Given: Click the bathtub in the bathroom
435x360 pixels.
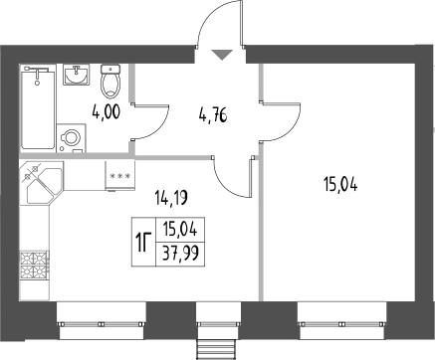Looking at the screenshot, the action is click(x=38, y=108).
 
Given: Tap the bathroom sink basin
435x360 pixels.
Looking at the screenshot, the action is click(x=77, y=75).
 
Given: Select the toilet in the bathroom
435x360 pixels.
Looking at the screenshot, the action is click(x=110, y=82).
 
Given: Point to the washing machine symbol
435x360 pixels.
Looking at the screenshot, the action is click(x=72, y=138).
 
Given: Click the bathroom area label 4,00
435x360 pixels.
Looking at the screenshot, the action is click(x=106, y=112).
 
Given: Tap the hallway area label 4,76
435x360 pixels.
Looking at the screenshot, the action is click(x=213, y=116).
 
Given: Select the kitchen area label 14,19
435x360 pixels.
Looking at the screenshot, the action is click(x=171, y=199).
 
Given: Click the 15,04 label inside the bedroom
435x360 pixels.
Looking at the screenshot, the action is click(x=340, y=185).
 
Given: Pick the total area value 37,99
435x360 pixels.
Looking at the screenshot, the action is click(x=181, y=255).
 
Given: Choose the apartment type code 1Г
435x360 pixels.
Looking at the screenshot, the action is click(x=143, y=243).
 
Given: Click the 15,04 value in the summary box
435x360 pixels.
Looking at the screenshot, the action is click(x=180, y=230).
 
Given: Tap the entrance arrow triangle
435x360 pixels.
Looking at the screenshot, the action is click(x=223, y=55).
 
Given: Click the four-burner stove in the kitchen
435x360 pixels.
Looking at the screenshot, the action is click(x=35, y=265).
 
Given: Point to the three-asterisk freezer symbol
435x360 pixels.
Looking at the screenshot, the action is click(x=120, y=176).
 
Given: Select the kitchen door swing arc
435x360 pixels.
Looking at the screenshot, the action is click(x=227, y=187).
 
